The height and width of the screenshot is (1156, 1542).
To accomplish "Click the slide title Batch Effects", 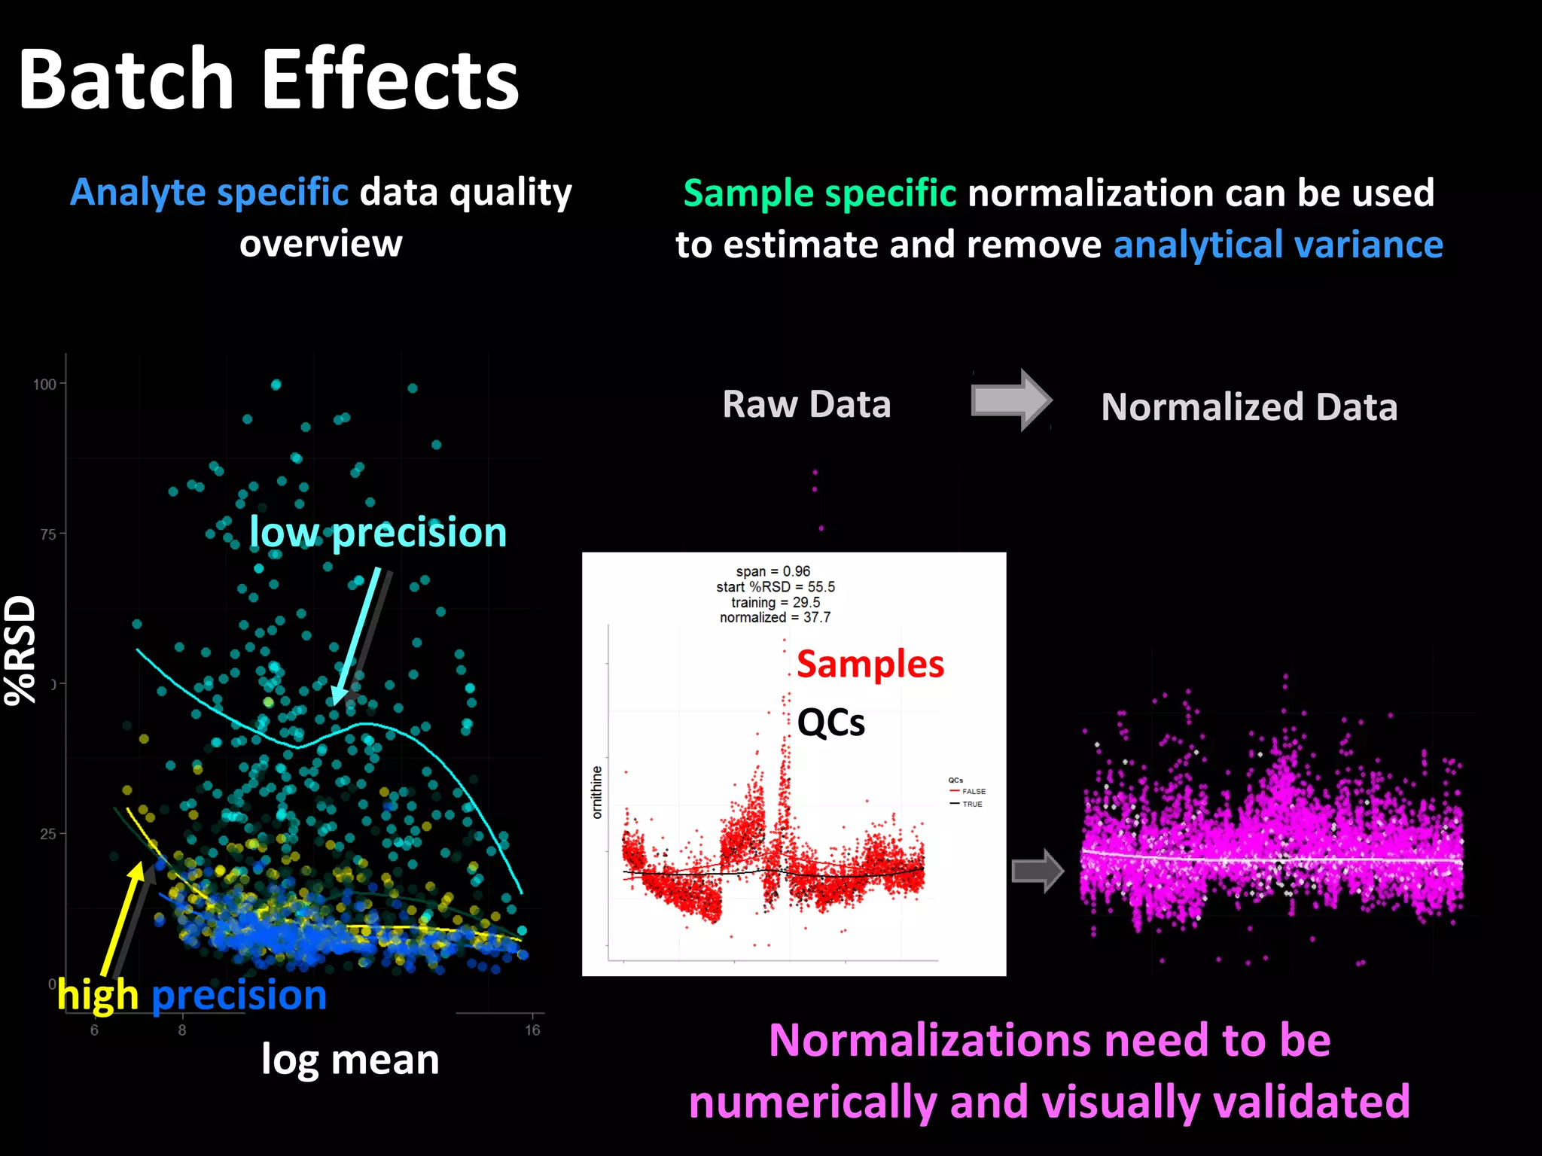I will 268,79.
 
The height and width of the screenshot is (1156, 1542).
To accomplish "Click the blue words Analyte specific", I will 209,193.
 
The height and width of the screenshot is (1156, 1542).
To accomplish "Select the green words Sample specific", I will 819,193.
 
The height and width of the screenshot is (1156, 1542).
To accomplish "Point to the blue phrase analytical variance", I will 1278,245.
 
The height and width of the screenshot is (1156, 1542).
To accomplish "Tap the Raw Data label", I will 806,404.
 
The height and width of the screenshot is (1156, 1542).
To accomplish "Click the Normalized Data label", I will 1249,407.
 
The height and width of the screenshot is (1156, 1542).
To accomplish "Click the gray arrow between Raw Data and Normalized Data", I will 1011,400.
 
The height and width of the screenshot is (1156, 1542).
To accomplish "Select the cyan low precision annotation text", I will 378,533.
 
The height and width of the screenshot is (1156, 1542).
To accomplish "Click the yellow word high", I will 98,996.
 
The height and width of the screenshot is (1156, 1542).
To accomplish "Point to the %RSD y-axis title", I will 20,650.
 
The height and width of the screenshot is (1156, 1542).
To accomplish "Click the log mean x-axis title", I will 350,1060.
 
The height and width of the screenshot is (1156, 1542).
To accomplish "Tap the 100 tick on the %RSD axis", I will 44,385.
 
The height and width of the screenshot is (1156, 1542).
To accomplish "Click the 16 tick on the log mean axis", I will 532,1030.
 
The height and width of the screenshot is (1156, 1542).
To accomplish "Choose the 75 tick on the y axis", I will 47,534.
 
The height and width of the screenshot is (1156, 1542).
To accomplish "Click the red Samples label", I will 870,665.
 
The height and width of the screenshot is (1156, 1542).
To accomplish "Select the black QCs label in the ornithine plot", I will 830,722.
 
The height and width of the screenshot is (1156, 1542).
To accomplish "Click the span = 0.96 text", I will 773,571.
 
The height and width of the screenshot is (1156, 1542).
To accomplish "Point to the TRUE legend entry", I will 971,804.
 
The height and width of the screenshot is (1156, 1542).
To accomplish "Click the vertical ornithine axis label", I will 597,792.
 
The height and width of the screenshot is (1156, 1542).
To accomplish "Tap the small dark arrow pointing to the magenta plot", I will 1037,871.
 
